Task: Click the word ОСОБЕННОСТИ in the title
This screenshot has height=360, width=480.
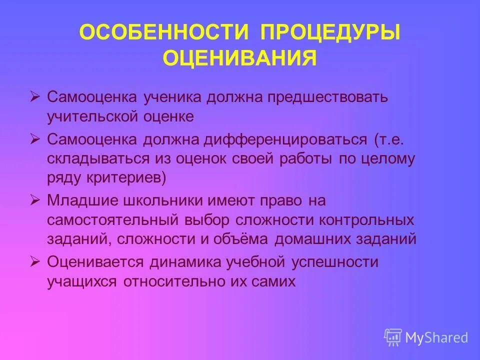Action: point(164,33)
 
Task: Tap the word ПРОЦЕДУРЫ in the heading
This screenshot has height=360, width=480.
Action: point(330,33)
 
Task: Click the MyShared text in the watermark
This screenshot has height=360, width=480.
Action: point(436,337)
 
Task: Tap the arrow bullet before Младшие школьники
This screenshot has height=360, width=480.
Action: point(34,200)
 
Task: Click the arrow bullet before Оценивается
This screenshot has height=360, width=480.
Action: point(34,261)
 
